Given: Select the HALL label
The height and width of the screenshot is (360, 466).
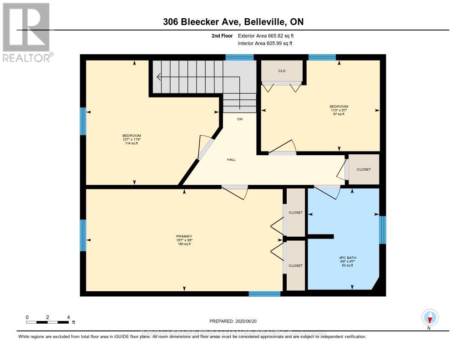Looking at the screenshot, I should coord(231,160).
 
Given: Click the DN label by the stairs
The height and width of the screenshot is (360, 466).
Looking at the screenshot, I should coord(239,119).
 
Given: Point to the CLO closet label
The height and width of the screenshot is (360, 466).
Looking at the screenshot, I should coord(282,71).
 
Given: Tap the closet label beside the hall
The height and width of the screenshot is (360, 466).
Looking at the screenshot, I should coord(364,169).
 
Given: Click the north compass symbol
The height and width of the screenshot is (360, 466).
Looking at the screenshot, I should coord(430,317).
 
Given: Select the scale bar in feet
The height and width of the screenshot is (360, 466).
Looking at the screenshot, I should coord(48,322).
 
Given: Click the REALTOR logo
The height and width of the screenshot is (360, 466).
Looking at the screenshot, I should coord(27,32).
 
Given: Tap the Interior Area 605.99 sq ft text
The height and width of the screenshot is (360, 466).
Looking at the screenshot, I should coord(265,43).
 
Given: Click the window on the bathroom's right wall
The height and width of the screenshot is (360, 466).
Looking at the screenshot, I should coord(383,229).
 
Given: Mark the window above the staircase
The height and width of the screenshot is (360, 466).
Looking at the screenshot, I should coord(239,57).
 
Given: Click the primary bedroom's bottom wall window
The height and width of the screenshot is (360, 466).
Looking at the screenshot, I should coord(264,294).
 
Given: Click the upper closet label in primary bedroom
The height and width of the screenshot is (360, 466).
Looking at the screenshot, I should coord(295,213).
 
